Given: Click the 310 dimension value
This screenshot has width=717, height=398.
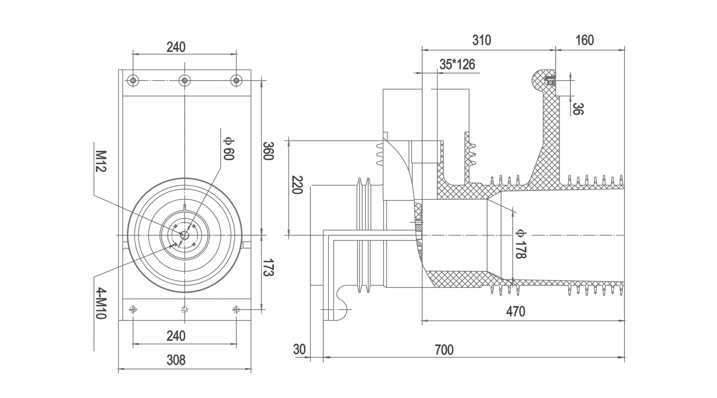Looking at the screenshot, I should (x=481, y=41).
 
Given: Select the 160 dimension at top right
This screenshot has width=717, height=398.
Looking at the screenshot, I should (x=585, y=41).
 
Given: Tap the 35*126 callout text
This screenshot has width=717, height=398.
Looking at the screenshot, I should (x=457, y=65).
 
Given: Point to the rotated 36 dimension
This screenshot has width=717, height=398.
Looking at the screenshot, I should (x=578, y=109).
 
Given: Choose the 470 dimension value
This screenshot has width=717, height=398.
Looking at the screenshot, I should (x=515, y=312).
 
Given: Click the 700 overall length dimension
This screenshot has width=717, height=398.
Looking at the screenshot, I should (x=444, y=350).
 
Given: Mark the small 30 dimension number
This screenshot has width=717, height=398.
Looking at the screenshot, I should (x=299, y=349).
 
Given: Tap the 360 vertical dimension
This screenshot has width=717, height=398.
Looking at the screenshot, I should (x=268, y=151).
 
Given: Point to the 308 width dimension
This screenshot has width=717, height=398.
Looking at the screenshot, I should (x=176, y=360).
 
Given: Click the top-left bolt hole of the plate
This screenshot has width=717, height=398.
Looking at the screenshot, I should (x=133, y=81).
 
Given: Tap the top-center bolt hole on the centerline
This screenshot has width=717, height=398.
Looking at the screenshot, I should (x=185, y=81).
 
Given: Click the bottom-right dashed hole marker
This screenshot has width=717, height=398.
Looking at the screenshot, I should (x=236, y=310).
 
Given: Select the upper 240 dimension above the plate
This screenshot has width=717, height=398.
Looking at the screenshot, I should (x=176, y=47).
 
